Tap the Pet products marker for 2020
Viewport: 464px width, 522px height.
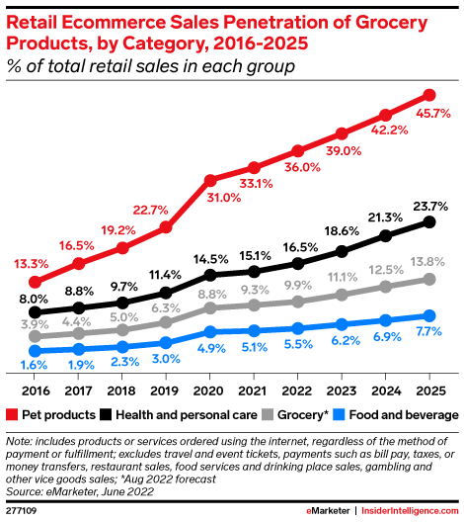(x=210, y=180)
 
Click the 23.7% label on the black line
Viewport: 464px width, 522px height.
(x=430, y=206)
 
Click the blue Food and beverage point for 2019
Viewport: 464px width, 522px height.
(x=166, y=342)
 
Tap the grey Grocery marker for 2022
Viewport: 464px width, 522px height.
(x=297, y=301)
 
